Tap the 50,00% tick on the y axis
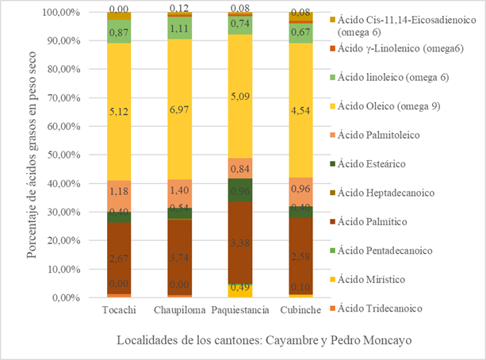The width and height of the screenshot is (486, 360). pyautogui.click(x=59, y=155)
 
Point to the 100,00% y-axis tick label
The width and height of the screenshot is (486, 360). pyautogui.click(x=57, y=13)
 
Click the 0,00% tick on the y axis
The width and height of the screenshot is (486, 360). pyautogui.click(x=62, y=298)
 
